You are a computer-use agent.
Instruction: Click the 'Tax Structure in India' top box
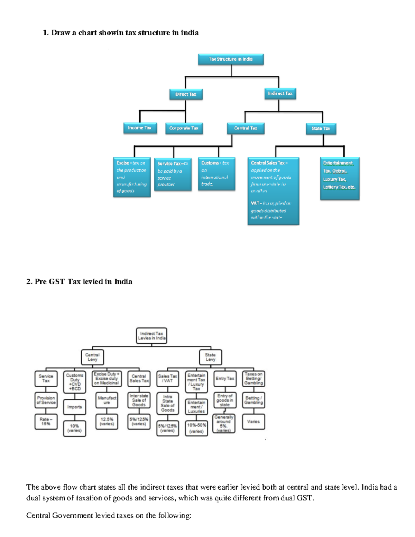231,59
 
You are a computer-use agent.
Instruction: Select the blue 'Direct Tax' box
186,94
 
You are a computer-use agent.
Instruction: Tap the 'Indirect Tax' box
280,93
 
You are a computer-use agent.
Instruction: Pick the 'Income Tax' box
140,128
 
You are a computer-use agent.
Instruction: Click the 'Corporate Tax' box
184,128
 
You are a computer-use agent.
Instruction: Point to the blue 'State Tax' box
321,129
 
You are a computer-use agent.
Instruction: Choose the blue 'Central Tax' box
246,128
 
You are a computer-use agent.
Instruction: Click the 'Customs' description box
216,174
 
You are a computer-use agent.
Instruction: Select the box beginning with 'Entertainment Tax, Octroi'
340,178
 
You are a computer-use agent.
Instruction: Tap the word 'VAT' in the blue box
255,203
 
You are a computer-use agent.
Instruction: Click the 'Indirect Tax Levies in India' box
151,336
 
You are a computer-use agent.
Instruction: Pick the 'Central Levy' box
92,357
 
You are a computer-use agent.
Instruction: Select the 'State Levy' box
210,357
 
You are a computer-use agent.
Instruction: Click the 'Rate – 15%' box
46,422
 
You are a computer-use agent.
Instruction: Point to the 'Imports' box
75,407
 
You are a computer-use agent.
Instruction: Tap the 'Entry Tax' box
225,379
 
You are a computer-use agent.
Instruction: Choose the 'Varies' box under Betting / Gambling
253,422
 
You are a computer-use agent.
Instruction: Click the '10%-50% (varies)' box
196,428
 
